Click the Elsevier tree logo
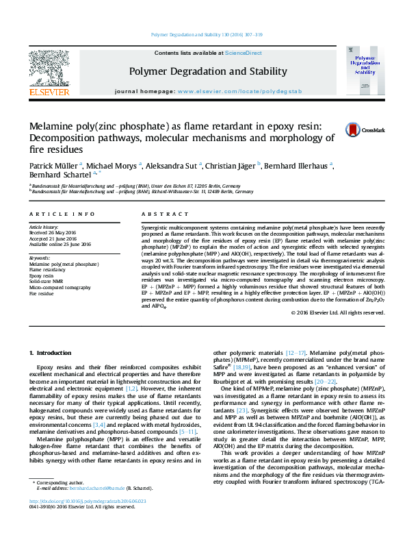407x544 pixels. pyautogui.click(x=49, y=69)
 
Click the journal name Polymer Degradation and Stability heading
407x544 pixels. pyautogui.click(x=207, y=71)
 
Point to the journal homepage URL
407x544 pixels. pyautogui.click(x=235, y=91)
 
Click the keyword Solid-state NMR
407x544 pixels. pyautogui.click(x=45, y=280)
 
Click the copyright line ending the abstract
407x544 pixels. pyautogui.click(x=338, y=312)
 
